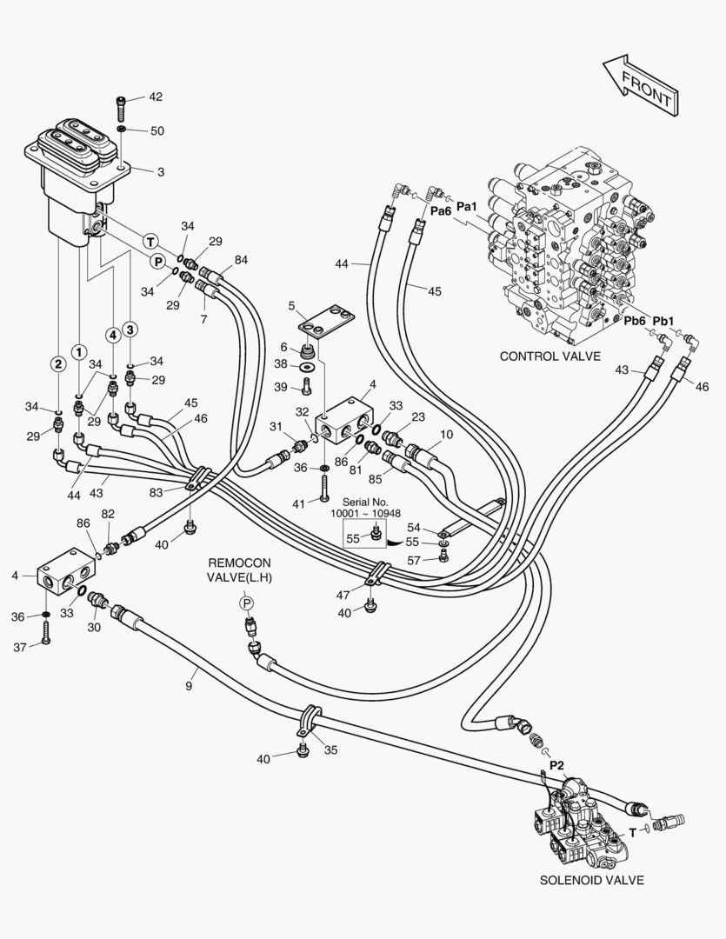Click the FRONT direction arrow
[x=640, y=85]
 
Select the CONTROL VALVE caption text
[x=549, y=356]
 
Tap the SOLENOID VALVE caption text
[x=592, y=880]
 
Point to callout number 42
[x=155, y=97]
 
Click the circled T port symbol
[x=150, y=242]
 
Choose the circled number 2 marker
[x=57, y=363]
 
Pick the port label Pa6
[x=441, y=210]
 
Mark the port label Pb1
[x=663, y=322]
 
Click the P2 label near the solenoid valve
[x=557, y=765]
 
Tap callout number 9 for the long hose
[x=189, y=686]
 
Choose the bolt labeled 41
[x=323, y=488]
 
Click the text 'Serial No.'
[x=365, y=502]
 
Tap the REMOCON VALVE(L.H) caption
[x=239, y=570]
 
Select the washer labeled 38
[x=309, y=366]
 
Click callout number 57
[x=414, y=561]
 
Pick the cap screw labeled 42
[x=122, y=109]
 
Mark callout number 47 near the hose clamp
[x=343, y=596]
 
